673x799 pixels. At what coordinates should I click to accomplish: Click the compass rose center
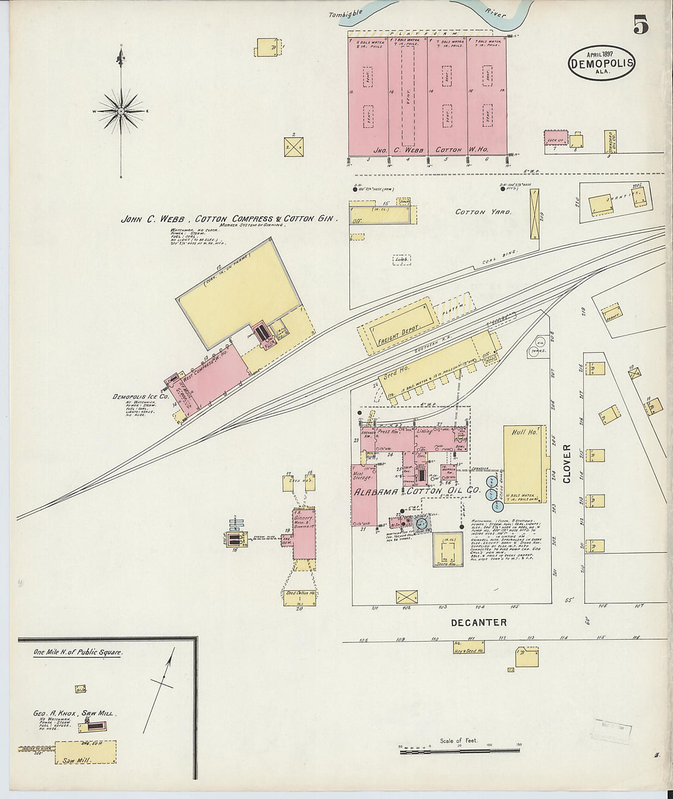pyautogui.click(x=121, y=111)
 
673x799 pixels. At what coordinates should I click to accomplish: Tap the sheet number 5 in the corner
pyautogui.click(x=641, y=25)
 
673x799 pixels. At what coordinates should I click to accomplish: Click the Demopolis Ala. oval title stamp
pyautogui.click(x=601, y=62)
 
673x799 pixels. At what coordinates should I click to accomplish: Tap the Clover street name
pyautogui.click(x=567, y=463)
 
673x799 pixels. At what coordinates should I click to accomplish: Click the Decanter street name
pyautogui.click(x=478, y=623)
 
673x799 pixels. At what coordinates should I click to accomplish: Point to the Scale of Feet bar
pyautogui.click(x=459, y=750)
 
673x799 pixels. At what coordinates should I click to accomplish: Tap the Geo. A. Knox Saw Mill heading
pyautogui.click(x=74, y=713)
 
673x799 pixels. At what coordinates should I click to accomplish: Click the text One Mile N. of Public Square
pyautogui.click(x=78, y=653)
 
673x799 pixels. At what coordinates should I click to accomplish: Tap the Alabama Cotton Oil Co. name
pyautogui.click(x=415, y=492)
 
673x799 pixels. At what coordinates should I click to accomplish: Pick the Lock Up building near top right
pyautogui.click(x=556, y=138)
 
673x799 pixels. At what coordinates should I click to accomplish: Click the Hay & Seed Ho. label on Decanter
pyautogui.click(x=469, y=650)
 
